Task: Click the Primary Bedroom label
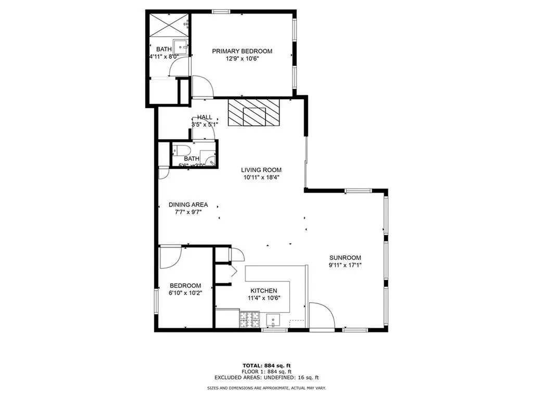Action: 242,51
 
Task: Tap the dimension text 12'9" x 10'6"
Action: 242,59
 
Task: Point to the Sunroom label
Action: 345,258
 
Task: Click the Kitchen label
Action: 264,290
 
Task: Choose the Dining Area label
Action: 188,205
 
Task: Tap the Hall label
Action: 205,117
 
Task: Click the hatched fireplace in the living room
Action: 253,113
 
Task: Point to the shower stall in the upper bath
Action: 169,25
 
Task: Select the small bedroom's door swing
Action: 170,256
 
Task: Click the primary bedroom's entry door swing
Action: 202,86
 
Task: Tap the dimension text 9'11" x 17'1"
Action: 345,265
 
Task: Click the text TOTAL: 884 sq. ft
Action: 266,366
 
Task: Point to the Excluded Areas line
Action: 266,378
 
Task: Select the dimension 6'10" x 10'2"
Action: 185,293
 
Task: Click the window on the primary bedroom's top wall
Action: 221,10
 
